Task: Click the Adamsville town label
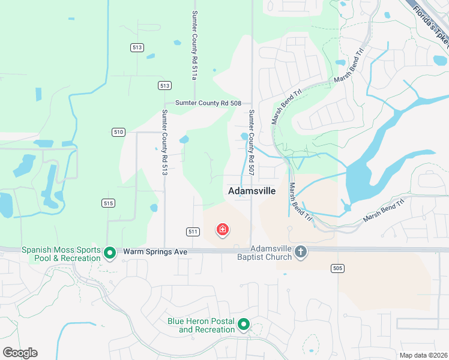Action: pos(252,191)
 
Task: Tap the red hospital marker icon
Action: pos(223,229)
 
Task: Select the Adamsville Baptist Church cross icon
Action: pos(301,253)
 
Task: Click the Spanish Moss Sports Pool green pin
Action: pos(109,253)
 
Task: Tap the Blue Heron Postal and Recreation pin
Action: pos(244,325)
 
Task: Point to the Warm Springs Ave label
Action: pos(155,251)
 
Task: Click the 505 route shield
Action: pos(337,268)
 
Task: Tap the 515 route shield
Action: pos(108,204)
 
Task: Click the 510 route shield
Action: pos(118,132)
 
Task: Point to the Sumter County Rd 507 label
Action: pos(252,142)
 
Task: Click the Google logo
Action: pos(20,353)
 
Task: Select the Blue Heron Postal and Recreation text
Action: pos(201,325)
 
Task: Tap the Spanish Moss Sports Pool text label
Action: pos(61,253)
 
